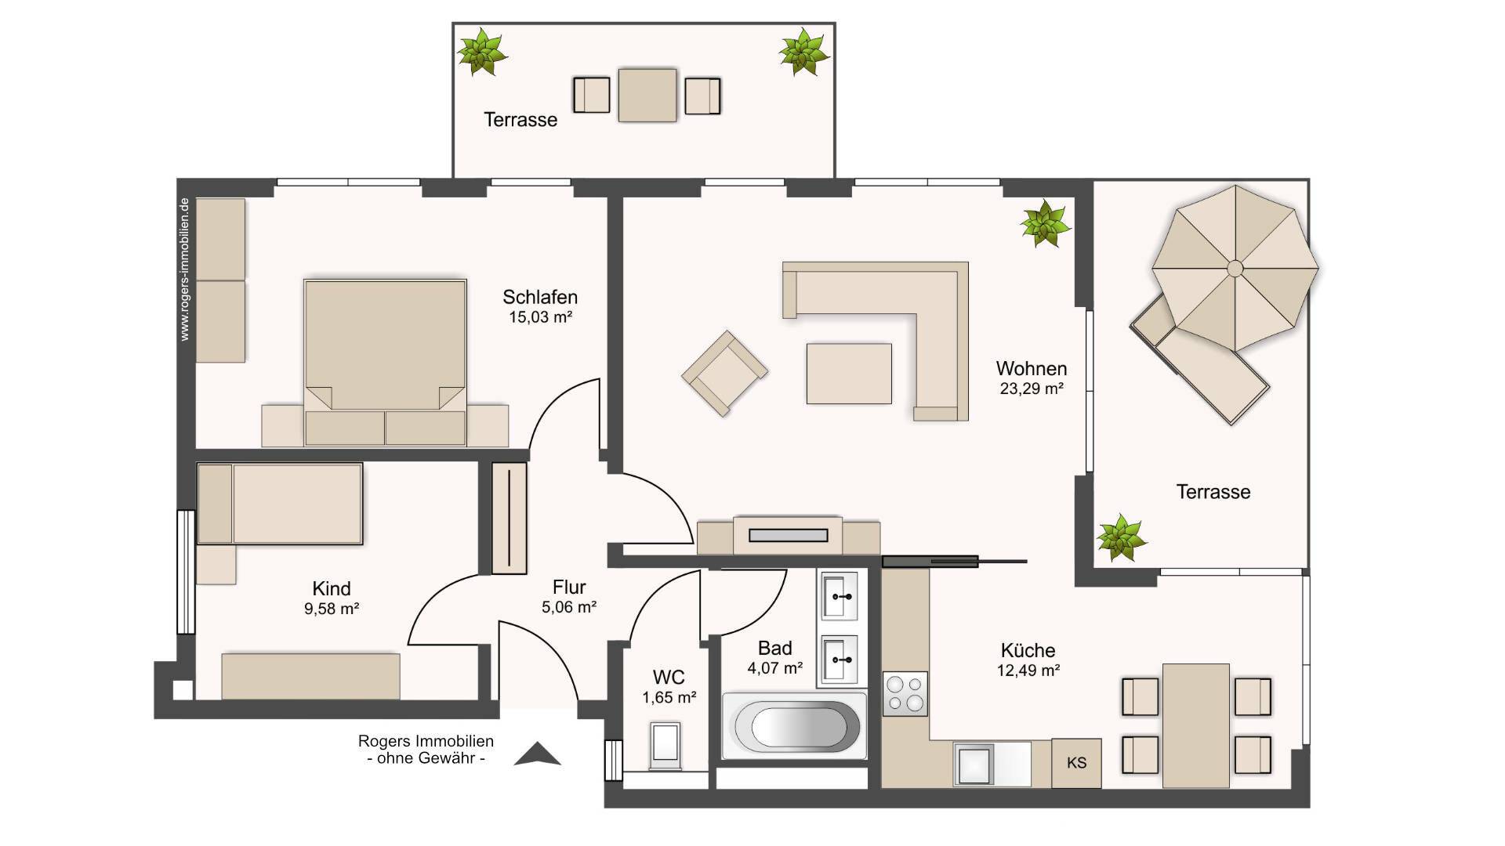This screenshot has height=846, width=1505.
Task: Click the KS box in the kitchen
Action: pyautogui.click(x=1076, y=763)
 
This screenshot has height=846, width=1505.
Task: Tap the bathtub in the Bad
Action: pyautogui.click(x=795, y=726)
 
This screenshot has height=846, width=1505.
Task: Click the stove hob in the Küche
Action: pyautogui.click(x=905, y=694)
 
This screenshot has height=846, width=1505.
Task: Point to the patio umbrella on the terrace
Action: pyautogui.click(x=1235, y=269)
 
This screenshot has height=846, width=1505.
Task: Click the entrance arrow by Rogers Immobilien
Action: pyautogui.click(x=538, y=754)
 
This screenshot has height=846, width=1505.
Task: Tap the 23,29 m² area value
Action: pyautogui.click(x=1032, y=389)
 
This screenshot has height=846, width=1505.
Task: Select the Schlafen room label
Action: pyautogui.click(x=540, y=298)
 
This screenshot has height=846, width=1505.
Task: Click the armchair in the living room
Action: pyautogui.click(x=724, y=372)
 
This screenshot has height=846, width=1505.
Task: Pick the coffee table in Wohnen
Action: pyautogui.click(x=849, y=374)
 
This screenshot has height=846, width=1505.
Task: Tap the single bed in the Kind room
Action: pyautogui.click(x=280, y=504)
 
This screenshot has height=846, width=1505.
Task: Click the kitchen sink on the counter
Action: pyautogui.click(x=974, y=764)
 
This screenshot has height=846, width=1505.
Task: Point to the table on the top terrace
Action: pyautogui.click(x=647, y=96)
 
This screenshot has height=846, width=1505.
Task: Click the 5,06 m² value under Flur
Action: pyautogui.click(x=569, y=607)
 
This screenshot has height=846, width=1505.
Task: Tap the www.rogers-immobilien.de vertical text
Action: pyautogui.click(x=185, y=269)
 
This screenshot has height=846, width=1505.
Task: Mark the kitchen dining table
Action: pyautogui.click(x=1195, y=725)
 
